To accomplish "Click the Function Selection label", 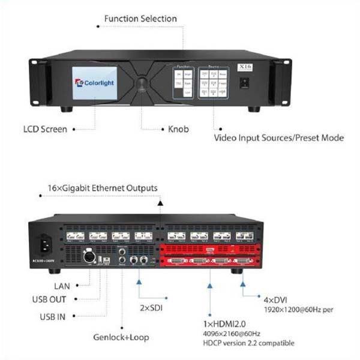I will pos(140,19).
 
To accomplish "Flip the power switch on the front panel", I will pos(244,84).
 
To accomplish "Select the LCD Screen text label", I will pos(45,128).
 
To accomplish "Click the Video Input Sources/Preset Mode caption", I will pos(279,137).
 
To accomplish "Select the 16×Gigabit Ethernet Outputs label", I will pos(103,188).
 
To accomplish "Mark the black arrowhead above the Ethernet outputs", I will pos(160,204).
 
